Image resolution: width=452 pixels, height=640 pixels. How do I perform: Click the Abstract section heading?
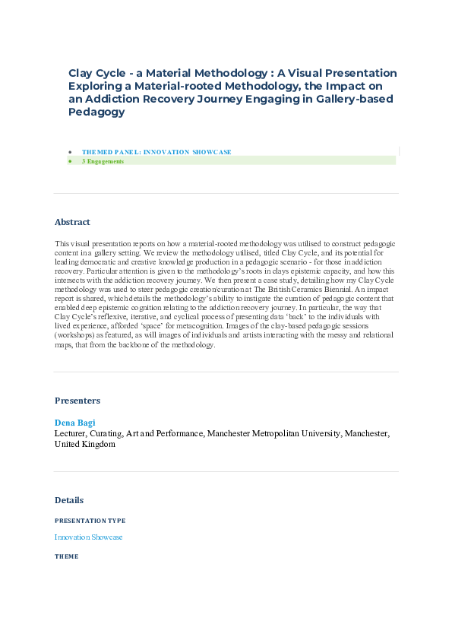click(72, 222)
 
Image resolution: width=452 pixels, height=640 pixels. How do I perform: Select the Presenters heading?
click(77, 400)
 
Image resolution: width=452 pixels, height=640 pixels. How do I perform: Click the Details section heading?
click(69, 500)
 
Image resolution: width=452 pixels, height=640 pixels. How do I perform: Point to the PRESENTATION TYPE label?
click(90, 521)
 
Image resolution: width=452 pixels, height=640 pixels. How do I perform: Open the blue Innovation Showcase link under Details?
click(88, 537)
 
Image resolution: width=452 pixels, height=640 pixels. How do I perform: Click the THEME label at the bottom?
click(66, 556)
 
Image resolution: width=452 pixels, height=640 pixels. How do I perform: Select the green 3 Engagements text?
click(103, 161)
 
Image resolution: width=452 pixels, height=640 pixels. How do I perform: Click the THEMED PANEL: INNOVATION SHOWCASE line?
click(156, 152)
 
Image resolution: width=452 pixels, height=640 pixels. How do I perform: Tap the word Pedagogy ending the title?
click(96, 112)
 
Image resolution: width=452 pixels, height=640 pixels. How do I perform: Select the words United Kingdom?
click(85, 444)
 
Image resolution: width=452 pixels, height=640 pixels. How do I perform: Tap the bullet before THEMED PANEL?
click(70, 152)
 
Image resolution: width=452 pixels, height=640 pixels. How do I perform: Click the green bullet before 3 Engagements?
click(70, 161)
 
